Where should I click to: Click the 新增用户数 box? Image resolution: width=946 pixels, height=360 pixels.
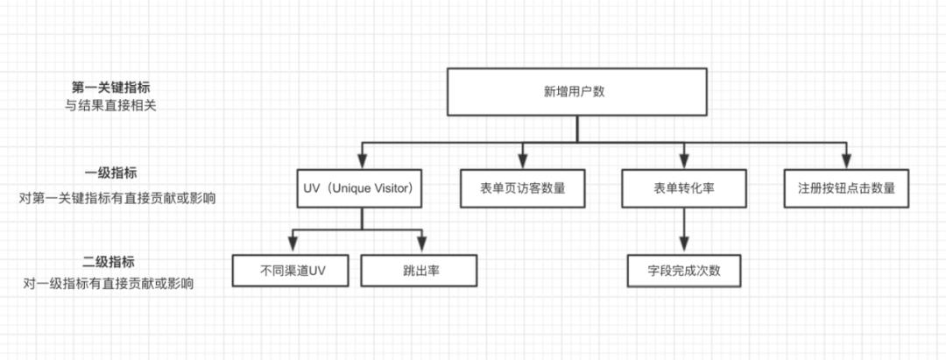575,92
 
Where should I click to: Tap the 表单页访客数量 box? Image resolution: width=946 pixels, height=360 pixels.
522,187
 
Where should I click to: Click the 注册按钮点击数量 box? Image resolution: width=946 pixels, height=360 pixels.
846,187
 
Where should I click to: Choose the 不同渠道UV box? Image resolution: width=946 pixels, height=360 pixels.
293,270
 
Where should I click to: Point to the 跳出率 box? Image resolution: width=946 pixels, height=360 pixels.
420,270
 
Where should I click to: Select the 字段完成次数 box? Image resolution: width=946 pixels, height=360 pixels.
685,270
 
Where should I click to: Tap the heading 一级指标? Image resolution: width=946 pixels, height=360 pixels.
110,173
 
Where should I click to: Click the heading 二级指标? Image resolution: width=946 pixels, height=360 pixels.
109,263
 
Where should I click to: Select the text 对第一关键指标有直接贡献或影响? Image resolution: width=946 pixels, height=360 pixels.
116,198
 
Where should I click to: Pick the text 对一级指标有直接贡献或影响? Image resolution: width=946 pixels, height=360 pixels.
109,284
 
